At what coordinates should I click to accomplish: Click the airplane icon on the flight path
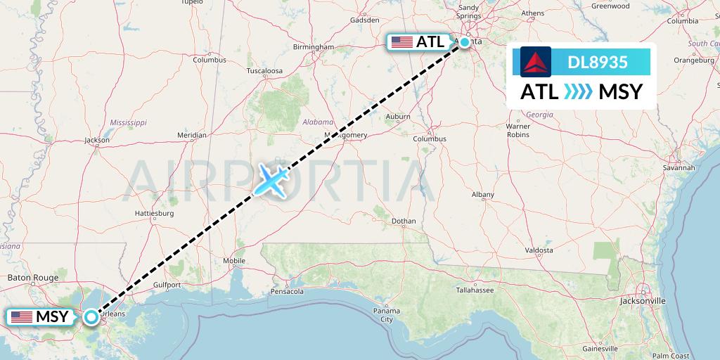271,180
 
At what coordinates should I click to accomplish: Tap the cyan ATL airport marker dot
465,42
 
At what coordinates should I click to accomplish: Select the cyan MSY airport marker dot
91,317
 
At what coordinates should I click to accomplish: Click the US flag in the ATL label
402,42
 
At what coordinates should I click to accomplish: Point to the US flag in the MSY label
22,317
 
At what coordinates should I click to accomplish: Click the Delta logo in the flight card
536,61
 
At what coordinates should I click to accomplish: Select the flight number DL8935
598,62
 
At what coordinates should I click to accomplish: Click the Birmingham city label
314,47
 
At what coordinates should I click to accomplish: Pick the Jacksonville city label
643,300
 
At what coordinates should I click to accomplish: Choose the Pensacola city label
288,291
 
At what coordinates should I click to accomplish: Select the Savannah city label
679,168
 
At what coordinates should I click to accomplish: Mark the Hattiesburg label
154,212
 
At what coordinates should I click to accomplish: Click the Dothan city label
404,221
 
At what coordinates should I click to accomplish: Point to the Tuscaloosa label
264,71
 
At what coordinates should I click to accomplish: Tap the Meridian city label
192,134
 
